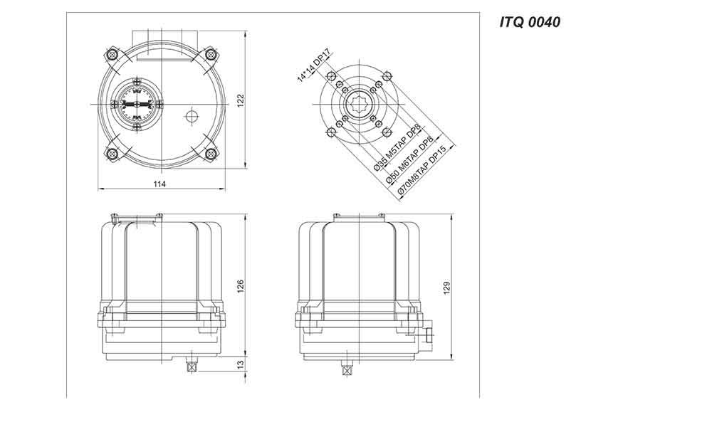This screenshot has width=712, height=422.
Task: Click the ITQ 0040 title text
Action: (x=530, y=22)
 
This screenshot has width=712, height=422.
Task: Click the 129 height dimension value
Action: (x=447, y=288)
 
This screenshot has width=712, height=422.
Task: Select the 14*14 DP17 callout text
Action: (x=314, y=66)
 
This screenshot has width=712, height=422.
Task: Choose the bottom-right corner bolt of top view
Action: (x=210, y=154)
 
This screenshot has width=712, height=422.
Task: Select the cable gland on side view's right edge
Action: (x=428, y=335)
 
